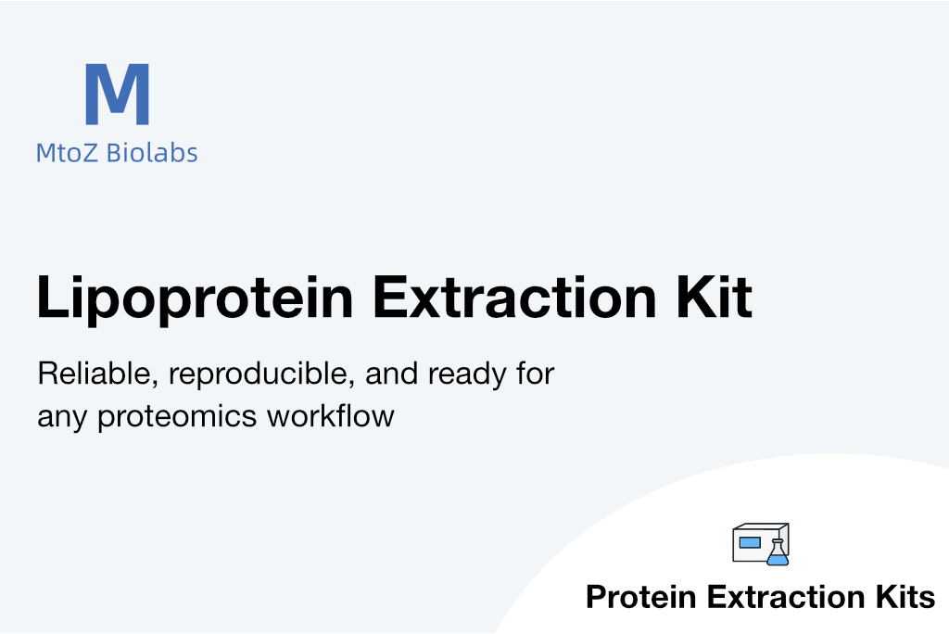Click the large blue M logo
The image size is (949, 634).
(118, 94)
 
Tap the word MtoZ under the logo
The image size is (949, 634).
(67, 153)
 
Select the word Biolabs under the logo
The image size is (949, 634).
(152, 153)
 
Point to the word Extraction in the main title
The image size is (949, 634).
(514, 297)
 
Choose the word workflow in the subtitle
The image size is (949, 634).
(331, 416)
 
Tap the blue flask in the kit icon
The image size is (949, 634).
(778, 552)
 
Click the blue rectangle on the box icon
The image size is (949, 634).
(750, 542)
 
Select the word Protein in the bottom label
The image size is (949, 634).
(641, 597)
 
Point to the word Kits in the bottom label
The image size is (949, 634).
(905, 597)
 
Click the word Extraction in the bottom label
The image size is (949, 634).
(786, 597)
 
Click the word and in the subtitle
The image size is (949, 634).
(392, 374)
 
